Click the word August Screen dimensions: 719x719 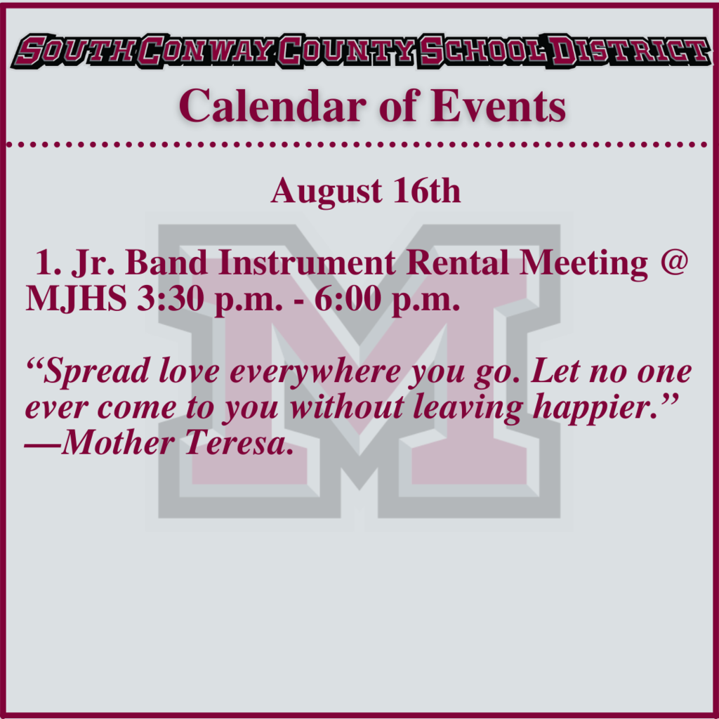326,192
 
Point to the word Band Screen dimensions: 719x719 166,263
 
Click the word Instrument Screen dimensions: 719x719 307,263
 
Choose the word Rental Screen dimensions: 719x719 457,263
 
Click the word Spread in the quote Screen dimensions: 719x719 96,371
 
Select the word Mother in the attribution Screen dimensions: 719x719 118,442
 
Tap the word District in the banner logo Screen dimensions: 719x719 630,51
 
